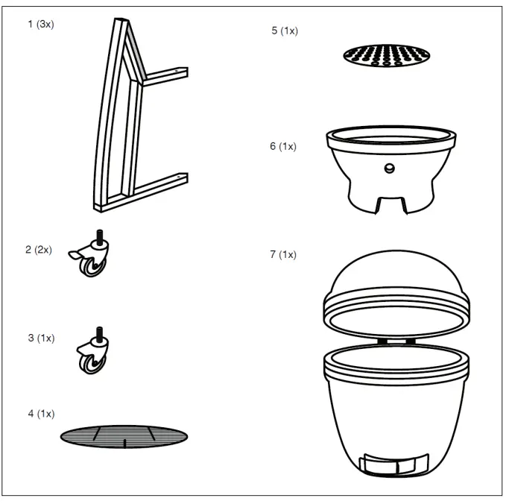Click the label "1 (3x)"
click(41, 25)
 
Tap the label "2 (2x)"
click(39, 250)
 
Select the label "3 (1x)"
click(42, 338)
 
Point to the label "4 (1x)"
click(41, 413)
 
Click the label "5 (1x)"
click(285, 31)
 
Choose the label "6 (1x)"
click(283, 146)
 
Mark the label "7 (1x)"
click(283, 254)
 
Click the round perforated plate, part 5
click(388, 55)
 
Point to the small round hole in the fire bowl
click(388, 168)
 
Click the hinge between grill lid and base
click(396, 340)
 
